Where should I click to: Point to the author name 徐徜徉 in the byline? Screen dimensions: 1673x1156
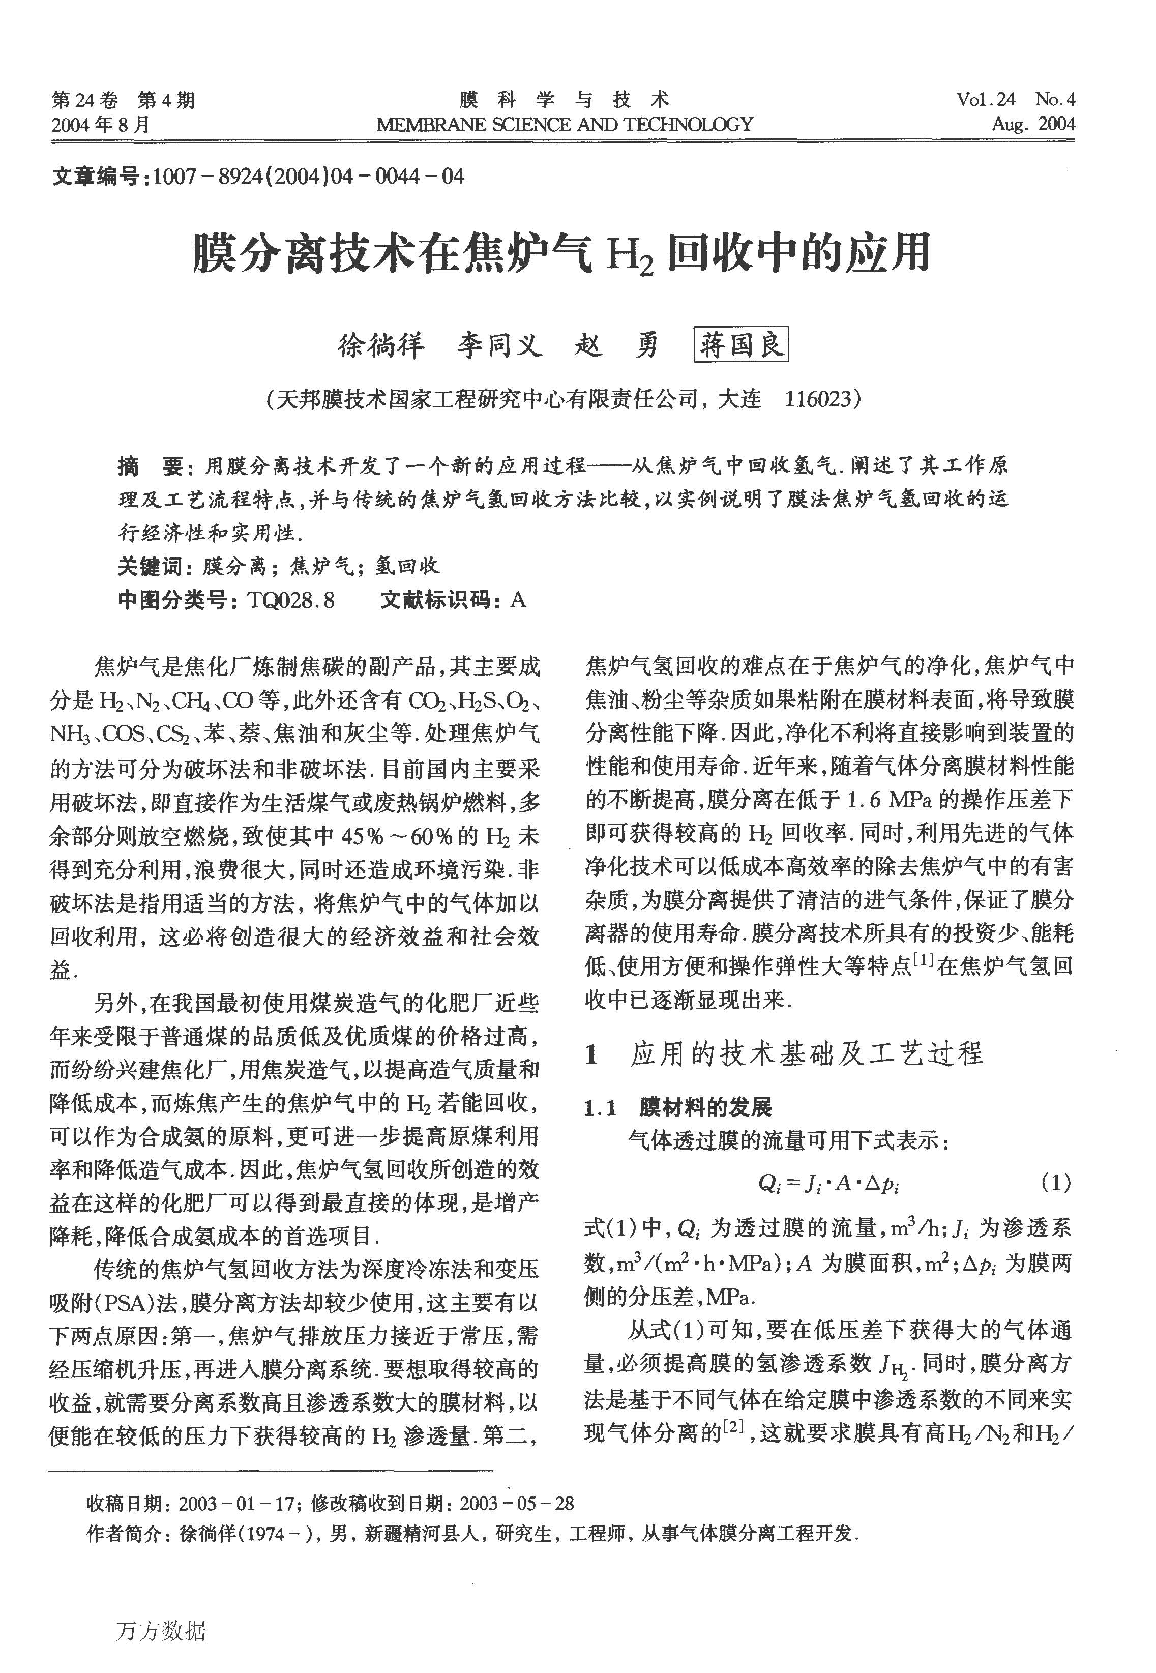pyautogui.click(x=381, y=345)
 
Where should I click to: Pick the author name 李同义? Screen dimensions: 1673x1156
pyautogui.click(x=499, y=345)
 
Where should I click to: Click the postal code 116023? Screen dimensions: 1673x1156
pyautogui.click(x=817, y=398)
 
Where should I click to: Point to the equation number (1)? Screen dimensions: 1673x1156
pyautogui.click(x=1055, y=1183)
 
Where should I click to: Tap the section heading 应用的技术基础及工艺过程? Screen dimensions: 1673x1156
pyautogui.click(x=806, y=1054)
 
